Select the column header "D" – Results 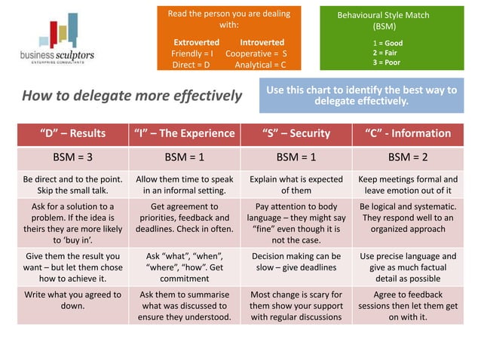pyautogui.click(x=72, y=133)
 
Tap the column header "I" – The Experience pyautogui.click(x=184, y=133)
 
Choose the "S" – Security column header pyautogui.click(x=296, y=133)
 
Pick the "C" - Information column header pyautogui.click(x=408, y=133)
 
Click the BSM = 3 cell pyautogui.click(x=72, y=158)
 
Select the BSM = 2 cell pyautogui.click(x=408, y=158)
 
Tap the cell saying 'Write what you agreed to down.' pyautogui.click(x=72, y=301)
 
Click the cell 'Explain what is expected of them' pyautogui.click(x=296, y=185)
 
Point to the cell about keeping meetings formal pyautogui.click(x=408, y=185)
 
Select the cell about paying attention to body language pyautogui.click(x=296, y=222)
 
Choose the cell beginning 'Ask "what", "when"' pyautogui.click(x=184, y=267)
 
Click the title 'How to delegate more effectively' pyautogui.click(x=131, y=96)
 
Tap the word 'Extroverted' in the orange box pyautogui.click(x=196, y=42)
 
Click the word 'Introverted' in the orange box pyautogui.click(x=262, y=42)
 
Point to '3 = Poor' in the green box pyautogui.click(x=387, y=63)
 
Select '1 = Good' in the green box pyautogui.click(x=388, y=43)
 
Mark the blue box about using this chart pyautogui.click(x=361, y=95)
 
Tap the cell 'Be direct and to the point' pyautogui.click(x=72, y=185)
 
